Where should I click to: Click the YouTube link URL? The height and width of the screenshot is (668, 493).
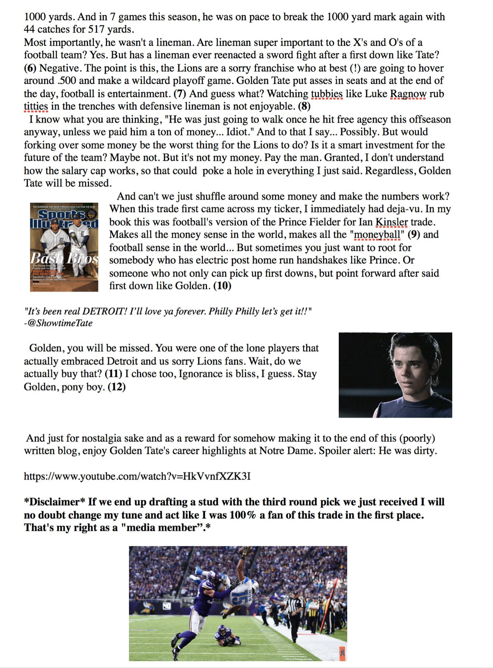137,476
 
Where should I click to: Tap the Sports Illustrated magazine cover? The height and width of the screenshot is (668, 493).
64,247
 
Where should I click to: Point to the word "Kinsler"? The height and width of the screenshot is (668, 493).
392,222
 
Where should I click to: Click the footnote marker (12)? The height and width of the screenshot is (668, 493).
117,387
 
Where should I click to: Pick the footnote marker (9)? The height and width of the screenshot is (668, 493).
413,234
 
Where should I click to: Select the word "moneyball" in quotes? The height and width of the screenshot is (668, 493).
377,234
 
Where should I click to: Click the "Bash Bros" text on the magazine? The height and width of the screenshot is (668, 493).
64,258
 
